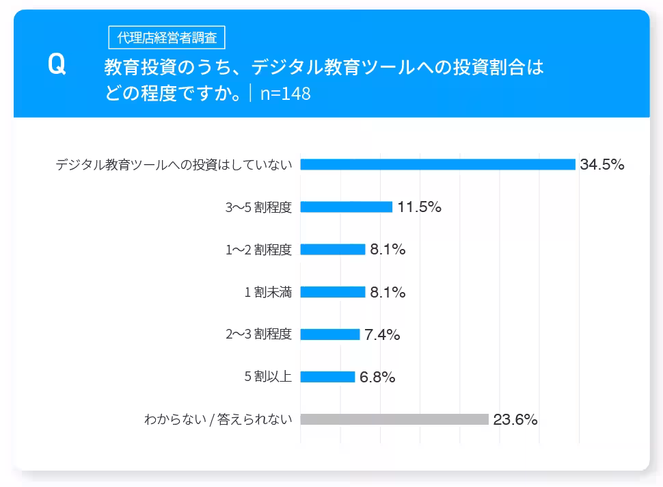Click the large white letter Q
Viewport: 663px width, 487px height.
tap(57, 64)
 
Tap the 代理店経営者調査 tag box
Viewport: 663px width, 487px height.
tap(167, 38)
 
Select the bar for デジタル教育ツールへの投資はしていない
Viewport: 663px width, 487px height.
tap(437, 164)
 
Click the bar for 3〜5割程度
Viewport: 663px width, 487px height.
tap(346, 207)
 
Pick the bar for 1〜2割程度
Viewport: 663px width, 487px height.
tap(332, 250)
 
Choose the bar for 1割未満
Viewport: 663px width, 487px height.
tap(332, 292)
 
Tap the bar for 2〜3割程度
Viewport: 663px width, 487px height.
tap(329, 334)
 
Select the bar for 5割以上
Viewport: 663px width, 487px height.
tap(327, 377)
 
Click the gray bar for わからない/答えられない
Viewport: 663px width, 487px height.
tap(394, 419)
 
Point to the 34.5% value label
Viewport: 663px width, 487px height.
tap(601, 164)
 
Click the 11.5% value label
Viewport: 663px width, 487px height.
tap(419, 207)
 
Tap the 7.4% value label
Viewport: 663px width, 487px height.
tap(382, 335)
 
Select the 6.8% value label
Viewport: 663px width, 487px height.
tap(377, 378)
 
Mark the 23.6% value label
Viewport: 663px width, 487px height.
tap(515, 420)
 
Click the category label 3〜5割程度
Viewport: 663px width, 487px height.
tap(258, 207)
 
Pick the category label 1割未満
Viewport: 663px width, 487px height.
tap(268, 292)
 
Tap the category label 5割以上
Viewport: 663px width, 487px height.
tap(268, 377)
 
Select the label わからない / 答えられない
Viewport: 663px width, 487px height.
tap(218, 419)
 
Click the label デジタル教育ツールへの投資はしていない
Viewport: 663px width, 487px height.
tap(174, 164)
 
